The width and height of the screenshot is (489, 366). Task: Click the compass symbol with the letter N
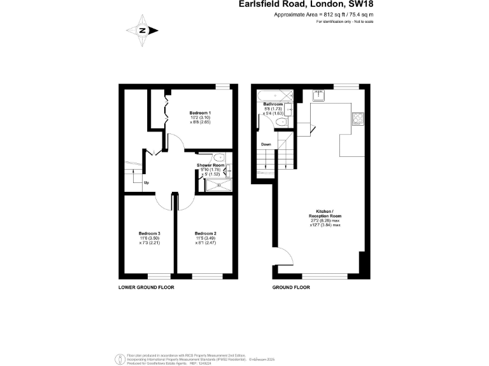[143, 29]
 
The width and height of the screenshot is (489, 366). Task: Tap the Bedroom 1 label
[201, 112]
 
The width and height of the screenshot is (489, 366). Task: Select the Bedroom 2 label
[206, 233]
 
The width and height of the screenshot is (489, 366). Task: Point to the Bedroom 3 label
[150, 233]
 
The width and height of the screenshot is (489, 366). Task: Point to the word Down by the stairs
[267, 144]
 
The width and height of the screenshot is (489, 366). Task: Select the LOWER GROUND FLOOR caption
[146, 287]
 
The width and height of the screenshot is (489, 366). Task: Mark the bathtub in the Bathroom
[273, 96]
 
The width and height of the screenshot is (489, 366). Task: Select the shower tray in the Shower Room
[217, 186]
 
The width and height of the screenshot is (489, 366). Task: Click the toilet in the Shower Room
[218, 159]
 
